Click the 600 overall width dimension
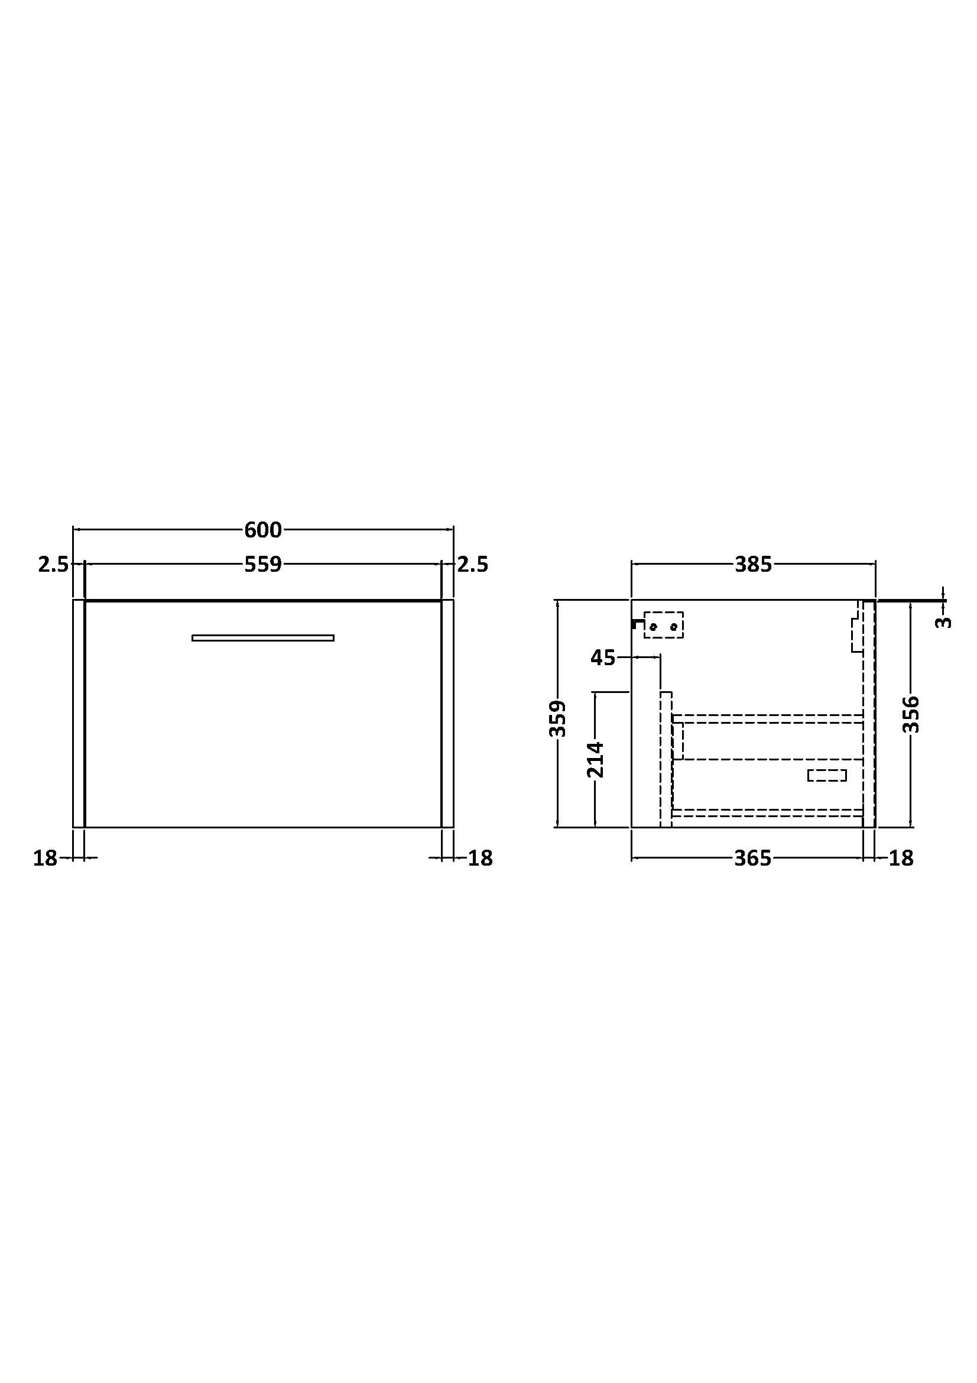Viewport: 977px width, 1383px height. [x=263, y=530]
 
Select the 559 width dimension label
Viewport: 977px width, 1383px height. [x=263, y=565]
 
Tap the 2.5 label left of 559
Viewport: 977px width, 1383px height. [x=53, y=565]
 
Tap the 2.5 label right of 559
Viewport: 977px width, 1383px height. [x=473, y=565]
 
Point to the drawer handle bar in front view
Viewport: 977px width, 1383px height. [x=263, y=638]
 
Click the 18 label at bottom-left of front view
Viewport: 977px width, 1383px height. [x=45, y=859]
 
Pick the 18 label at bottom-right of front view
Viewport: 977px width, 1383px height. [x=481, y=859]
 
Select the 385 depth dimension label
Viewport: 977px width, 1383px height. [x=753, y=565]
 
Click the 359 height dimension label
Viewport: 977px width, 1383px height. [x=558, y=718]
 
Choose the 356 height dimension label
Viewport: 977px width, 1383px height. [x=911, y=714]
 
